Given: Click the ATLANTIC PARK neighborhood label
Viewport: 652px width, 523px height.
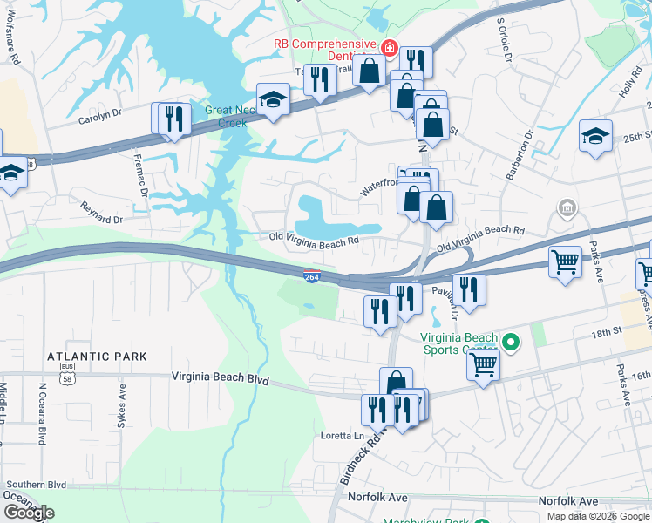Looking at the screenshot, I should [97, 357].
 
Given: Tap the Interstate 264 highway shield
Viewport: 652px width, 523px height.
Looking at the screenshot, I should [312, 277].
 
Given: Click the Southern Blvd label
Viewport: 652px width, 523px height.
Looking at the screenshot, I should [36, 485].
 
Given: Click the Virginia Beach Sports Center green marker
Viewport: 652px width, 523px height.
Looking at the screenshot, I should [512, 343].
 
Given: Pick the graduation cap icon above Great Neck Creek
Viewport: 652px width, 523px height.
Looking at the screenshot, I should [273, 100].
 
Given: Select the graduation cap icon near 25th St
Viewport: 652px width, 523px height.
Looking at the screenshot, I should [595, 136].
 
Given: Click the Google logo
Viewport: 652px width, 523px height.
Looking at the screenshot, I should [29, 513].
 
